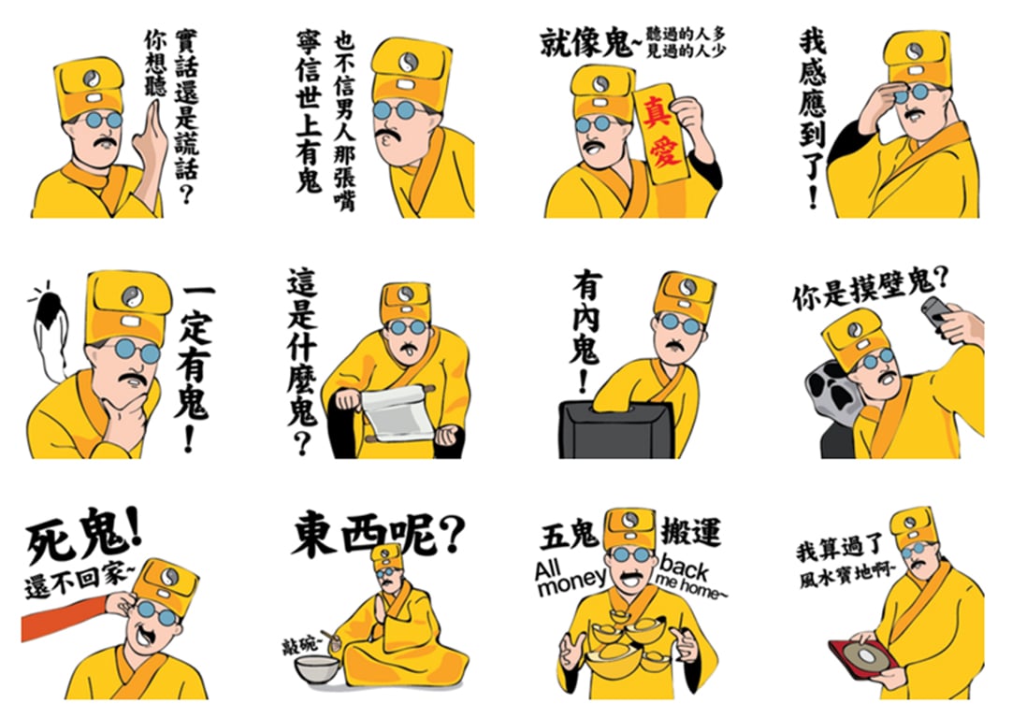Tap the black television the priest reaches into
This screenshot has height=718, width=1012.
coord(616,430)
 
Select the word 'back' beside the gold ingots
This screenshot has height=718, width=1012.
coord(684,567)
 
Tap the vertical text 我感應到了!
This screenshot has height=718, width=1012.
coord(812,120)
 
